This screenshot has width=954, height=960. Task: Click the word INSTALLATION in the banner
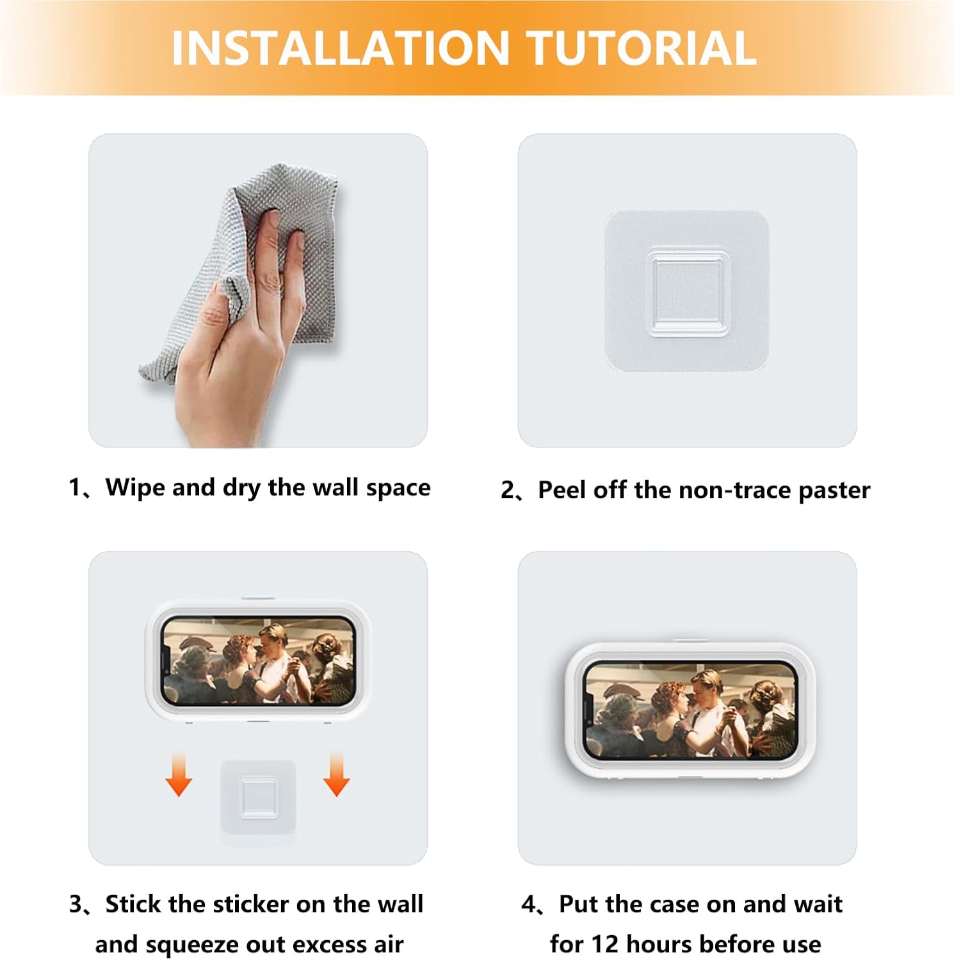click(340, 49)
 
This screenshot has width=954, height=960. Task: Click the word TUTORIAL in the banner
click(642, 49)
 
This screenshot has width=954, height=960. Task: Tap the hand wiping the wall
click(237, 346)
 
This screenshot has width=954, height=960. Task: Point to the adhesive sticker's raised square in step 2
click(688, 292)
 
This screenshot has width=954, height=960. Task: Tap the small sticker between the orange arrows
click(259, 797)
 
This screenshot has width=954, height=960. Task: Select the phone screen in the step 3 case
click(258, 661)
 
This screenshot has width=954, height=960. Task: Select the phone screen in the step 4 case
click(690, 710)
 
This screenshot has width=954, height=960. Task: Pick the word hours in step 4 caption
click(659, 945)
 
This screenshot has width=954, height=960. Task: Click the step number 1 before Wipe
click(75, 488)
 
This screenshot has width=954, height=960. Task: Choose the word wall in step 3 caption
click(401, 904)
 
